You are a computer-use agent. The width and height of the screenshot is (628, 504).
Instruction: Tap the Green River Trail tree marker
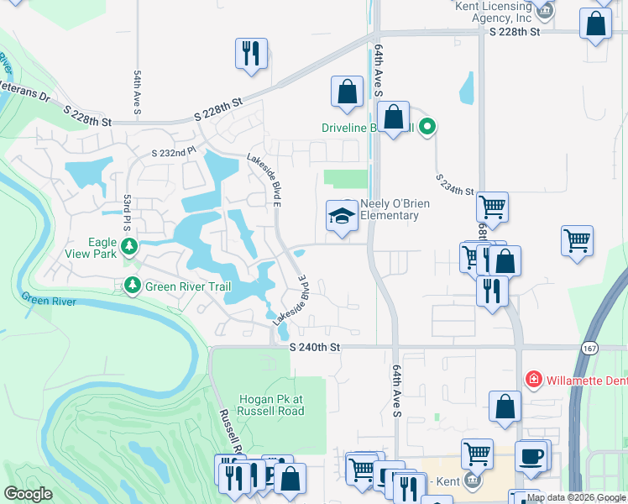point(133,286)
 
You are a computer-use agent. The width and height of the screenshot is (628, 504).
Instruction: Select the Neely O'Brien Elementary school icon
point(342,216)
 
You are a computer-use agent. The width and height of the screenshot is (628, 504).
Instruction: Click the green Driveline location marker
point(427,128)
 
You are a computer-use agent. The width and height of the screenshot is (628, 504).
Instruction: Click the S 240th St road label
point(315,347)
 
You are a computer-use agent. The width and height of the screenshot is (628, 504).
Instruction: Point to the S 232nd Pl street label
point(173,152)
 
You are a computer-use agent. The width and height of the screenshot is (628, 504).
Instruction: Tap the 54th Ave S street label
point(137,93)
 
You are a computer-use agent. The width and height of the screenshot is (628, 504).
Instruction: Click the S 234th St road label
point(455,185)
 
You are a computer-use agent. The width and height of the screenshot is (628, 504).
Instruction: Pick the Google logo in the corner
point(29,494)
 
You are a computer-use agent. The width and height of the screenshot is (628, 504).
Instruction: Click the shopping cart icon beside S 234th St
point(491,206)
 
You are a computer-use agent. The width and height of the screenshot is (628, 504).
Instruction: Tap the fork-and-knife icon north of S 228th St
point(251,54)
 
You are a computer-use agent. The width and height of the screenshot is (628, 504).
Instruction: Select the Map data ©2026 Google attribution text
point(576,498)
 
